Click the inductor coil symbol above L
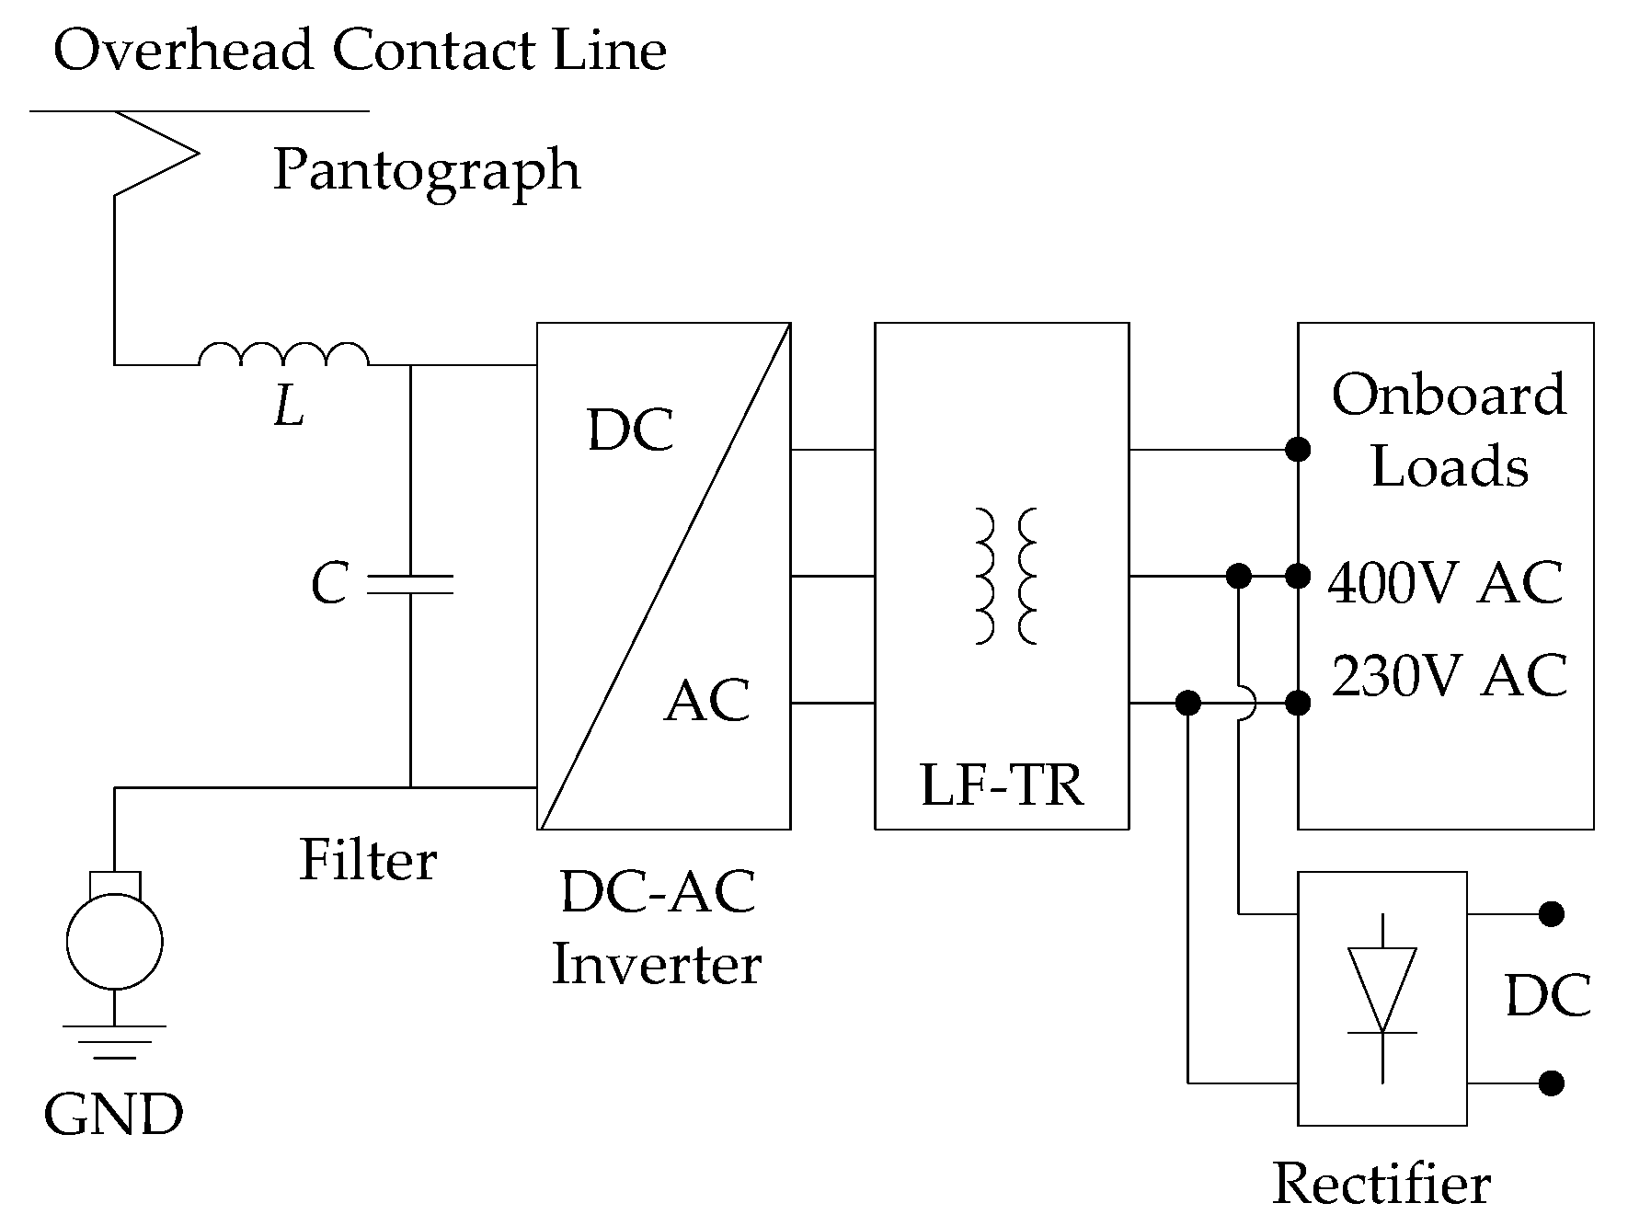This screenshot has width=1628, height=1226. point(283,355)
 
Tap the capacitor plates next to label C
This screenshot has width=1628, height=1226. point(410,584)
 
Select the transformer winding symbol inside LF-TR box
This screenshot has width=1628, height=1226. point(1004,576)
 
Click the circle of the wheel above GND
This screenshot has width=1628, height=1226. point(114,942)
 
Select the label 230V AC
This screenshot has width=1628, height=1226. point(1449,676)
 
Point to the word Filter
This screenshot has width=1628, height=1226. point(368,861)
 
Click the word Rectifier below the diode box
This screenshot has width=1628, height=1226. point(1381,1184)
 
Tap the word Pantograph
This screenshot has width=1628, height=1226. point(427,170)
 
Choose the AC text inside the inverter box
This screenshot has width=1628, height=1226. point(706,701)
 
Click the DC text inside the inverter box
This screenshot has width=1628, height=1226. point(630,430)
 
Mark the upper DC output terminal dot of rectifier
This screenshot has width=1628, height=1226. point(1551,914)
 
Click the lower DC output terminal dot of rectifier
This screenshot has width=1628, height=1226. point(1551,1083)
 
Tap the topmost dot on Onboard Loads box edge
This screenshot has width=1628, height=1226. point(1298,450)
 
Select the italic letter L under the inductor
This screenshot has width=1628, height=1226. point(289,407)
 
